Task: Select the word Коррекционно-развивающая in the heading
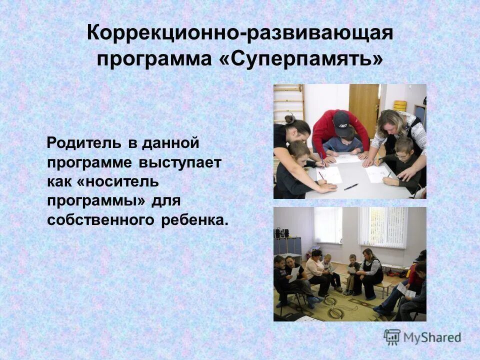(x=240, y=33)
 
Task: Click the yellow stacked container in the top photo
(x=400, y=105)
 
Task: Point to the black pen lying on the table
(x=351, y=186)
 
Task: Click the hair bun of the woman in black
(x=289, y=119)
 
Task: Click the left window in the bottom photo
(x=328, y=225)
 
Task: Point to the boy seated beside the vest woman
(x=353, y=272)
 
